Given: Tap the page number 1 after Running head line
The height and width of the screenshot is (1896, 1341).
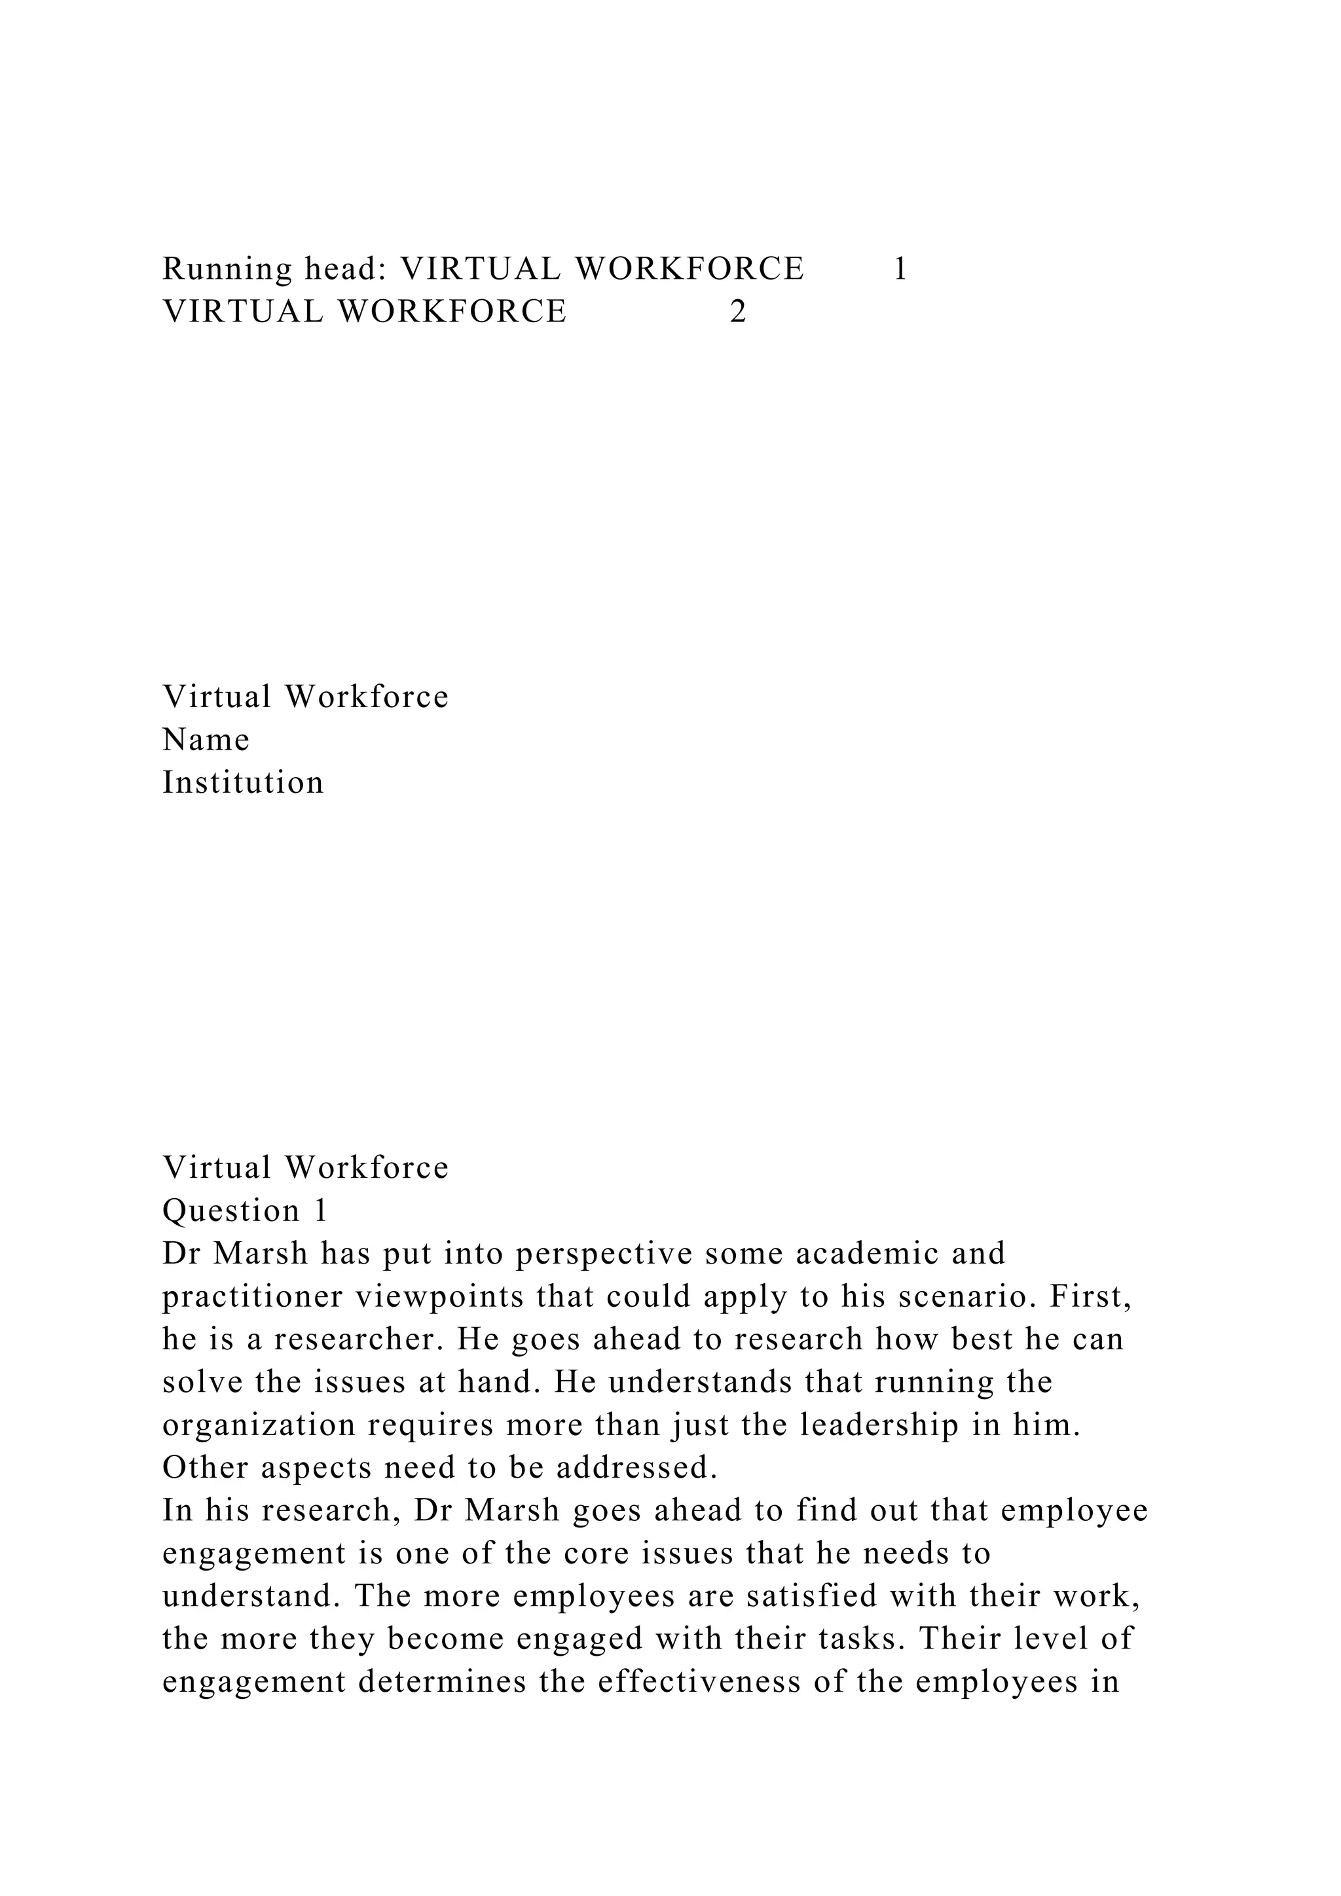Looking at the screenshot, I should click(900, 269).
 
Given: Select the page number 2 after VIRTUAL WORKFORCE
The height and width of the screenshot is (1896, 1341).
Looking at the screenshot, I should click(738, 312).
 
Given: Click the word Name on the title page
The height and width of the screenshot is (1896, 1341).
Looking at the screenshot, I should click(206, 740).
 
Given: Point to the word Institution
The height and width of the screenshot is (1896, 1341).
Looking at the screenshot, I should click(243, 783).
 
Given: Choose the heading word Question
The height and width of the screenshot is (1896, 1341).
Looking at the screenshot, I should click(230, 1211).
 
